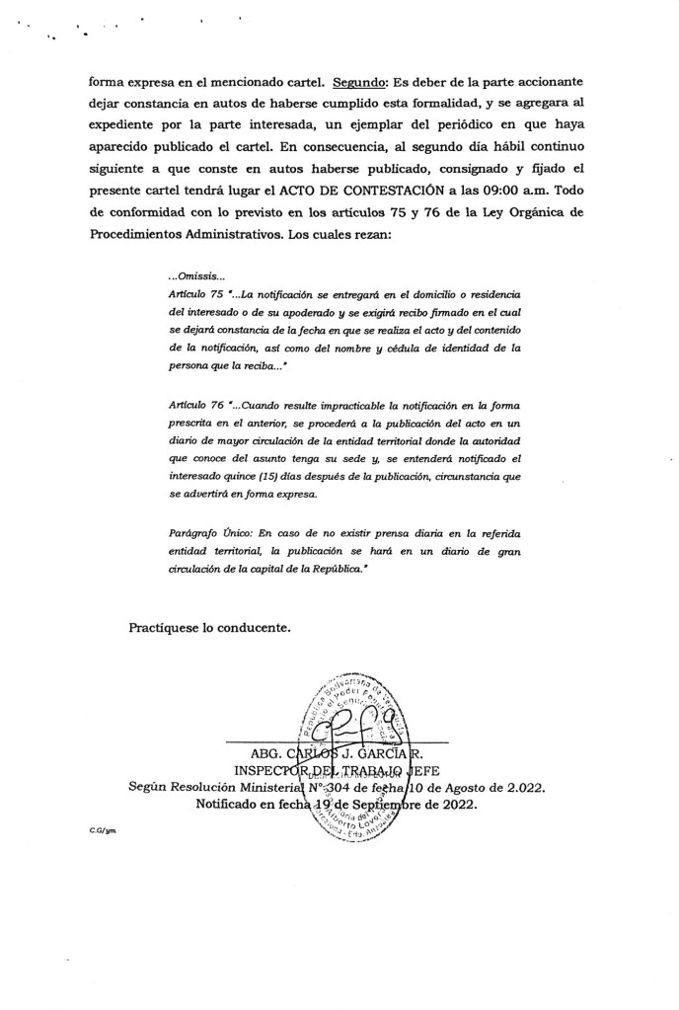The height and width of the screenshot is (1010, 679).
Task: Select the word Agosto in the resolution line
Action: pos(480,788)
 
